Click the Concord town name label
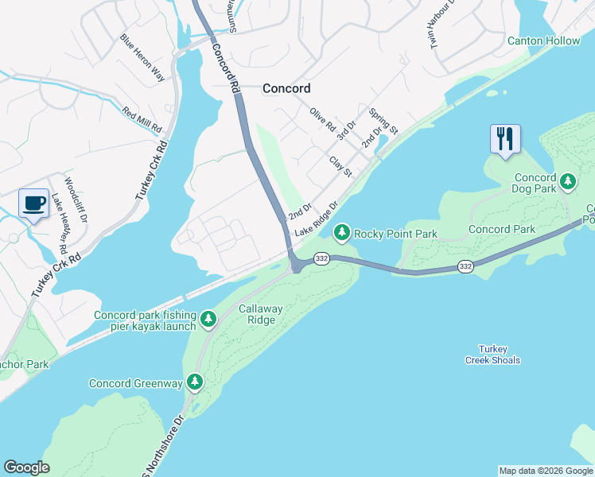point(286,88)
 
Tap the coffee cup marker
point(33,204)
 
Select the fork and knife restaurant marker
point(505,139)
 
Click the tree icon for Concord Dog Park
point(568,182)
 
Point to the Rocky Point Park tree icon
point(342,233)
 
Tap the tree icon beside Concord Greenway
point(195,383)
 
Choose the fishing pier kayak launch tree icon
point(208,320)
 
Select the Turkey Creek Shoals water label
point(492,355)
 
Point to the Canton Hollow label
point(544,41)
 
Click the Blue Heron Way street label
point(142,58)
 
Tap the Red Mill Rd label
point(142,118)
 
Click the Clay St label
point(340,167)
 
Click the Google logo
point(26,467)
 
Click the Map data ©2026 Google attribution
point(546,471)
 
